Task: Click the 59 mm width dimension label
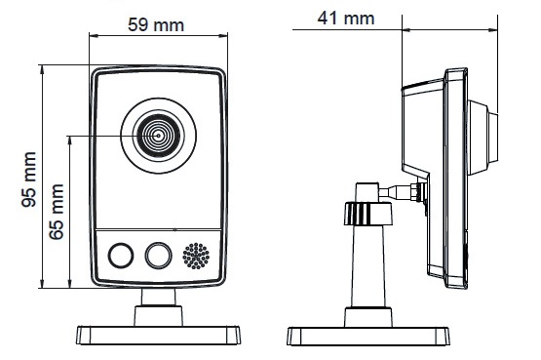coord(156,24)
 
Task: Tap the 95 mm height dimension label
coord(29,180)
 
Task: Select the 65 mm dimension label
coord(57,212)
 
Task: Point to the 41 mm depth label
coord(346,19)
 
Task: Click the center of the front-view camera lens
coord(158,136)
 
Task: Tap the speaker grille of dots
coord(196,256)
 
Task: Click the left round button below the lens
coord(121,256)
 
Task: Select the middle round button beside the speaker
coord(158,256)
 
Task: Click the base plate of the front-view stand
coord(158,336)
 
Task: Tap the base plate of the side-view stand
coord(368,337)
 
